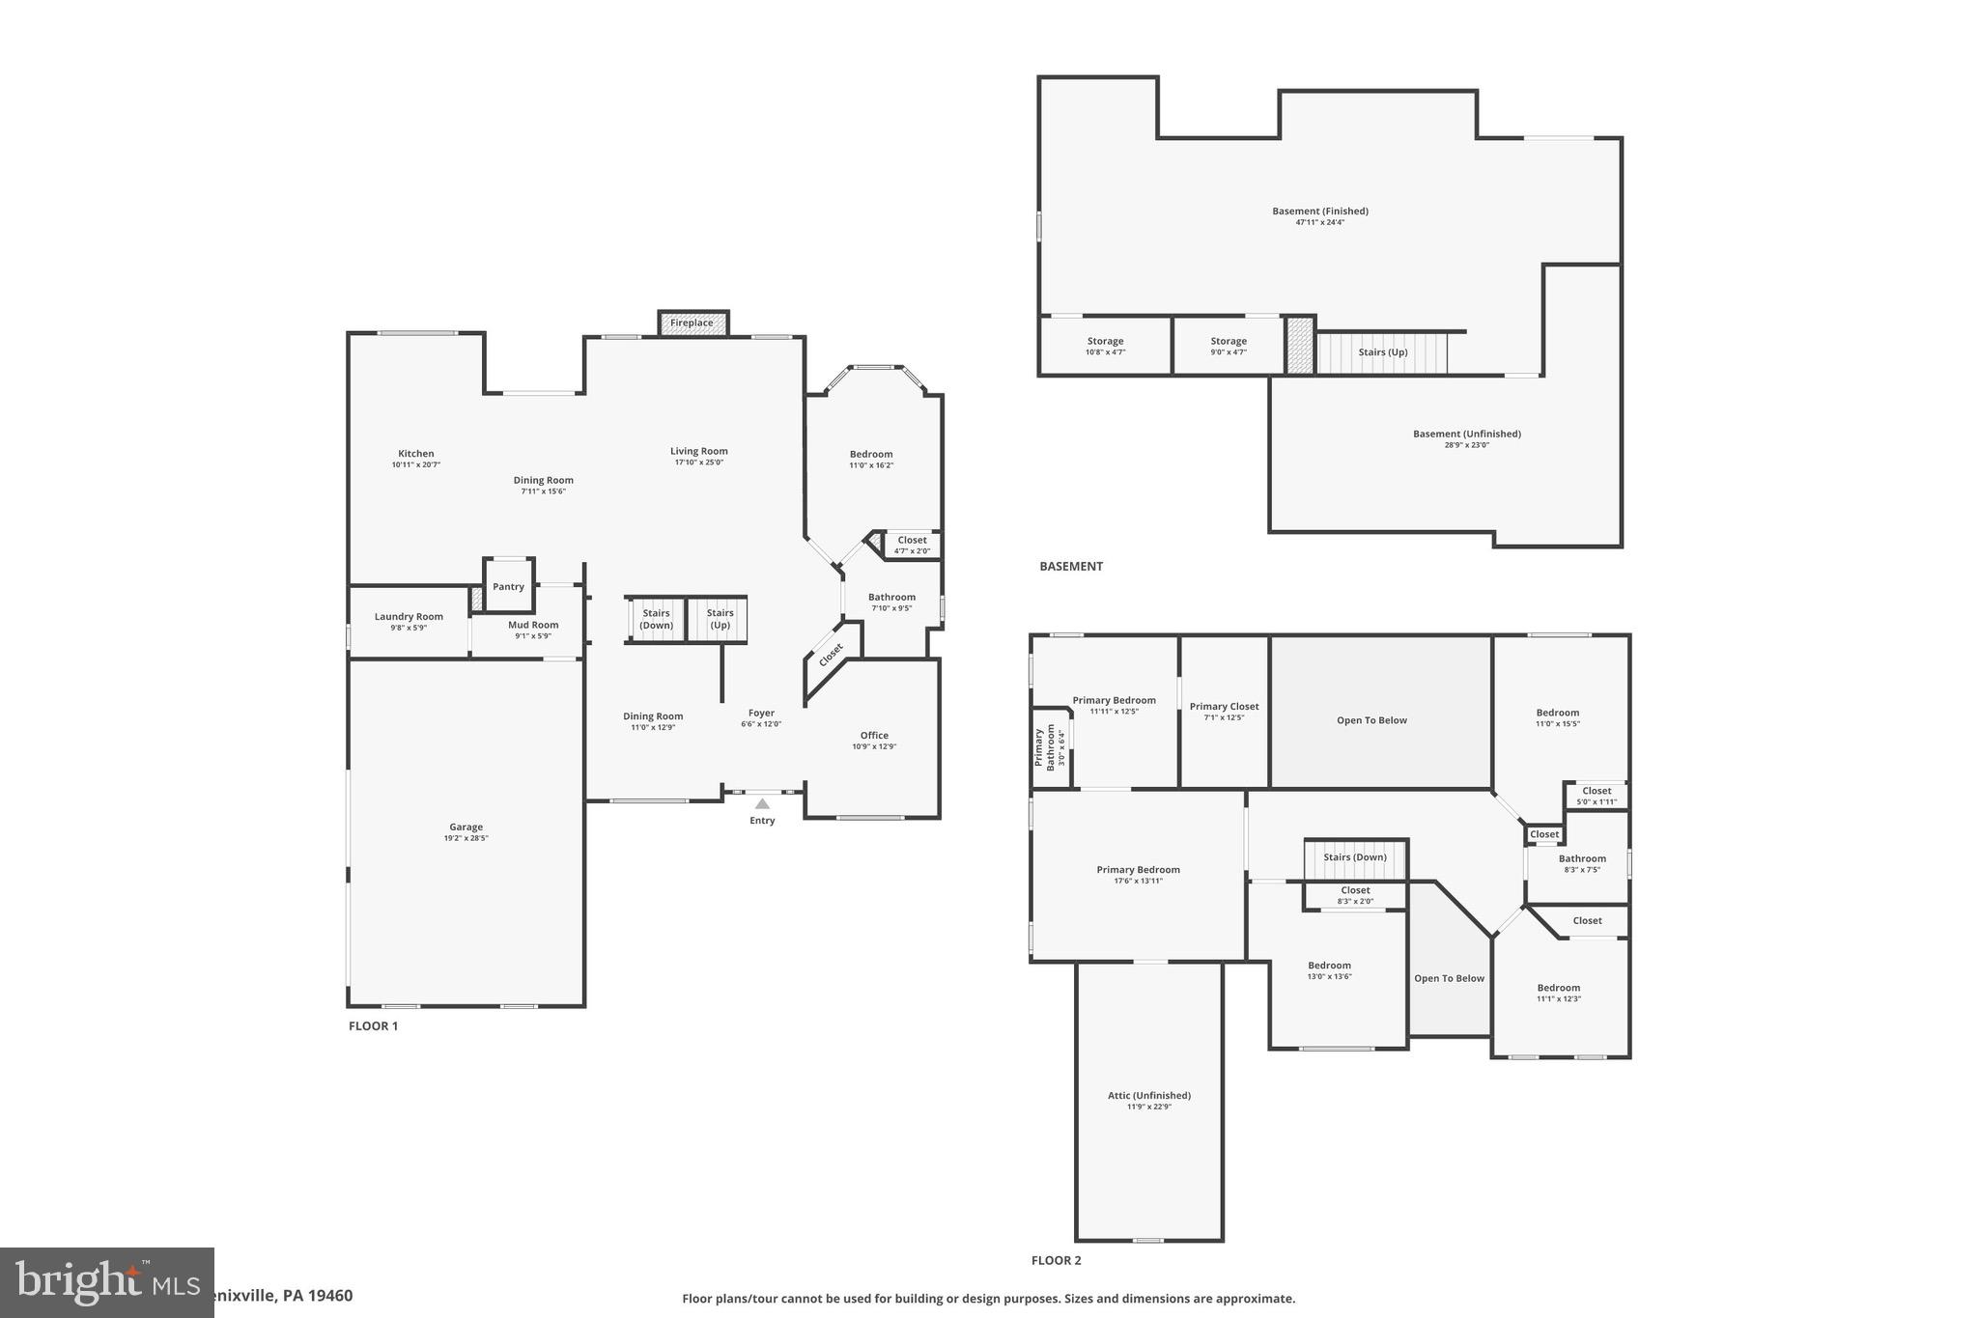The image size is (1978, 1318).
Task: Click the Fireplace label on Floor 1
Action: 692,322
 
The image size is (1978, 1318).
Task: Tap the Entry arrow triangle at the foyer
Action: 762,803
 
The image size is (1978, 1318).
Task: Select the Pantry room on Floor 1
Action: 508,586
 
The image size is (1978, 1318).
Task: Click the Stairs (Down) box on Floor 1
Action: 656,619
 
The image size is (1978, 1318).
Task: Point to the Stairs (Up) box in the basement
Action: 1382,352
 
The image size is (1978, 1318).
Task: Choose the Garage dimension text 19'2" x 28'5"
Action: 466,838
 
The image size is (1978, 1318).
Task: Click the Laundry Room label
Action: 409,616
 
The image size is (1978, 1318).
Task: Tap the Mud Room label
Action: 533,625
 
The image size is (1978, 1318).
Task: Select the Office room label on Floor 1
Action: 874,735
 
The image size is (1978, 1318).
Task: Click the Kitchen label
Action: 416,453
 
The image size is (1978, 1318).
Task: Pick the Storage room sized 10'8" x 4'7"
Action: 1105,346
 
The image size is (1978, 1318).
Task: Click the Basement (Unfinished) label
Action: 1466,434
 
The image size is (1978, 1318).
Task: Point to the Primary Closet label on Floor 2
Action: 1224,706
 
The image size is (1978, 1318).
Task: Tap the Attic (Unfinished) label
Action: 1148,1095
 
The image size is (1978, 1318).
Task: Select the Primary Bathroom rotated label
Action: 1045,746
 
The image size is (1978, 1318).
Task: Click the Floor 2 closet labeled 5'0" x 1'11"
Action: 1597,796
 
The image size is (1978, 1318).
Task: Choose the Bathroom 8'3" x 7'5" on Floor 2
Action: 1582,863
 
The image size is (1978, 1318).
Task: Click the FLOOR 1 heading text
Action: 373,1025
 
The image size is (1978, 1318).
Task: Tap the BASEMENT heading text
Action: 1070,566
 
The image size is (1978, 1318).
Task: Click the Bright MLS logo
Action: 106,1282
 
